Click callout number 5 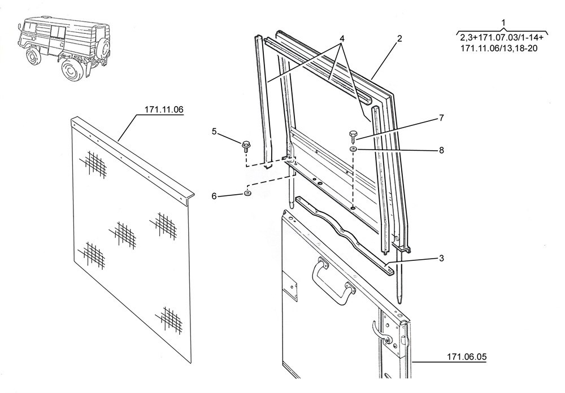pyautogui.click(x=214, y=132)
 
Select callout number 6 pyautogui.click(x=214, y=196)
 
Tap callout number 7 pyautogui.click(x=441, y=119)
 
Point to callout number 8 pyautogui.click(x=441, y=151)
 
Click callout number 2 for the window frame pyautogui.click(x=399, y=39)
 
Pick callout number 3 pyautogui.click(x=441, y=258)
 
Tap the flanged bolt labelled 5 pyautogui.click(x=246, y=146)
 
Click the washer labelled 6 pyautogui.click(x=247, y=194)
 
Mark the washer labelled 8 pyautogui.click(x=352, y=149)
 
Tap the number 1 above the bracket pyautogui.click(x=502, y=23)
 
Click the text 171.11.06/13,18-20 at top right pyautogui.click(x=499, y=49)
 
